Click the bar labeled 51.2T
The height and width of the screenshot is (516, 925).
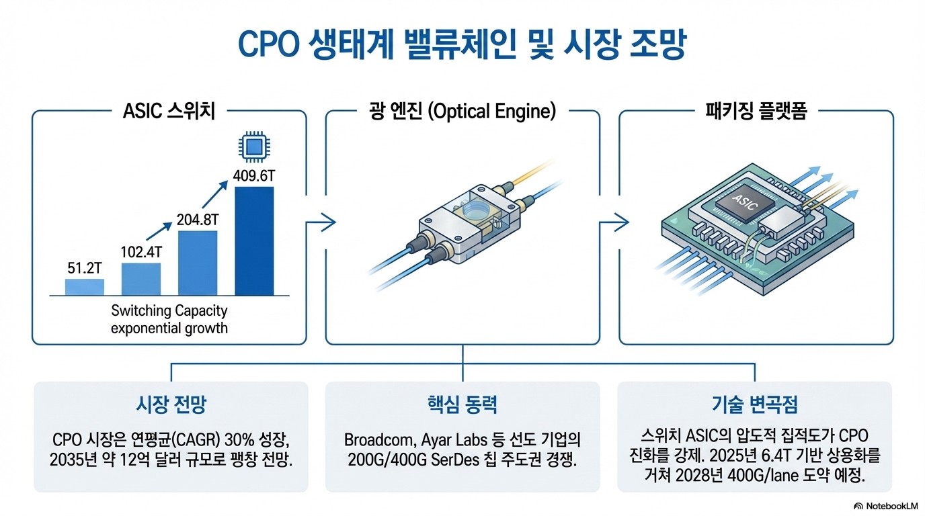[85, 287]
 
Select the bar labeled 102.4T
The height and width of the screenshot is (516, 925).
[141, 279]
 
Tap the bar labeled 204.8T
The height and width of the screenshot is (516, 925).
[198, 263]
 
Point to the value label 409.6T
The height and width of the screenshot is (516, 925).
[253, 176]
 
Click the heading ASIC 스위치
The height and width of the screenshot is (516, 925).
[169, 112]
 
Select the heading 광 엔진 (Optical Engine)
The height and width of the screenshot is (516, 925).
[462, 112]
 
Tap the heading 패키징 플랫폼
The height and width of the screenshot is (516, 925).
[756, 112]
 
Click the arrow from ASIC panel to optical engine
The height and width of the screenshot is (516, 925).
[321, 220]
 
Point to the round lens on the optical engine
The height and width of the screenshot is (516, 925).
[475, 209]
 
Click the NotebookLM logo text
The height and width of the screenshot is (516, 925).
[892, 505]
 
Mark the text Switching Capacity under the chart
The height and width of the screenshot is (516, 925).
[169, 311]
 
